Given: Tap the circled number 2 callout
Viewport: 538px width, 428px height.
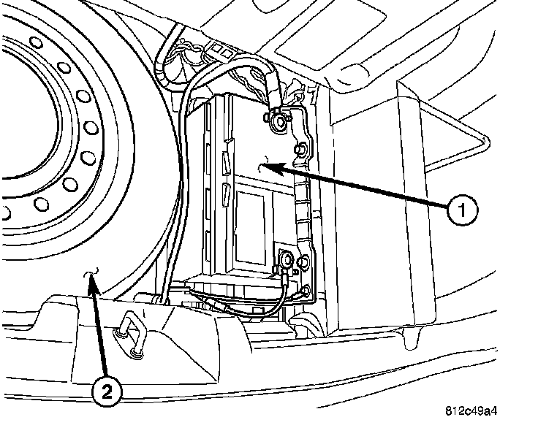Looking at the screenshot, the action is click(107, 393).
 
